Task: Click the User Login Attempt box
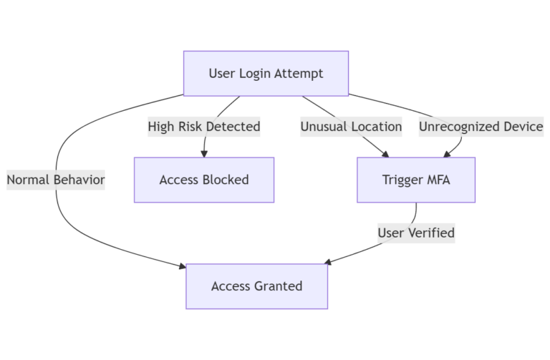pos(266,73)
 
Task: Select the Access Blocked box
pos(204,180)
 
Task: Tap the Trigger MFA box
pos(416,180)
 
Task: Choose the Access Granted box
pos(256,286)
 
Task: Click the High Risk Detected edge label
pos(204,127)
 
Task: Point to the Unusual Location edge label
pos(351,127)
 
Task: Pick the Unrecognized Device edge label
pos(481,127)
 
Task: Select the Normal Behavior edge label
pos(56,180)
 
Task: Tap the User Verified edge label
pos(416,233)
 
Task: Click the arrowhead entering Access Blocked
pos(204,153)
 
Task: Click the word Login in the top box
pos(252,73)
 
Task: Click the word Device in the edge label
pos(522,127)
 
